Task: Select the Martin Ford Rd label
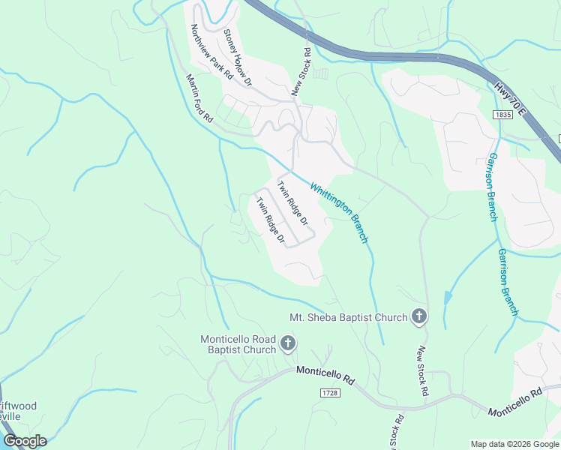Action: pyautogui.click(x=199, y=98)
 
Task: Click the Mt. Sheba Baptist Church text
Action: pyautogui.click(x=348, y=317)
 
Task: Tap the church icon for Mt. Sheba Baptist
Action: pyautogui.click(x=418, y=317)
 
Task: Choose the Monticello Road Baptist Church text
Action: pyautogui.click(x=238, y=344)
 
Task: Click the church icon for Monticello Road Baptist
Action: pyautogui.click(x=287, y=344)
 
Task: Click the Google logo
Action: pyautogui.click(x=25, y=441)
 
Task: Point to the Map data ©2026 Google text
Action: pyautogui.click(x=514, y=444)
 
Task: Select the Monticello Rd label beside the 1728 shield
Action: pyautogui.click(x=325, y=375)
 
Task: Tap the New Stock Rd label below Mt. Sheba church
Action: pyautogui.click(x=423, y=371)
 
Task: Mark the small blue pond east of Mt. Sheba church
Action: pyautogui.click(x=448, y=298)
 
